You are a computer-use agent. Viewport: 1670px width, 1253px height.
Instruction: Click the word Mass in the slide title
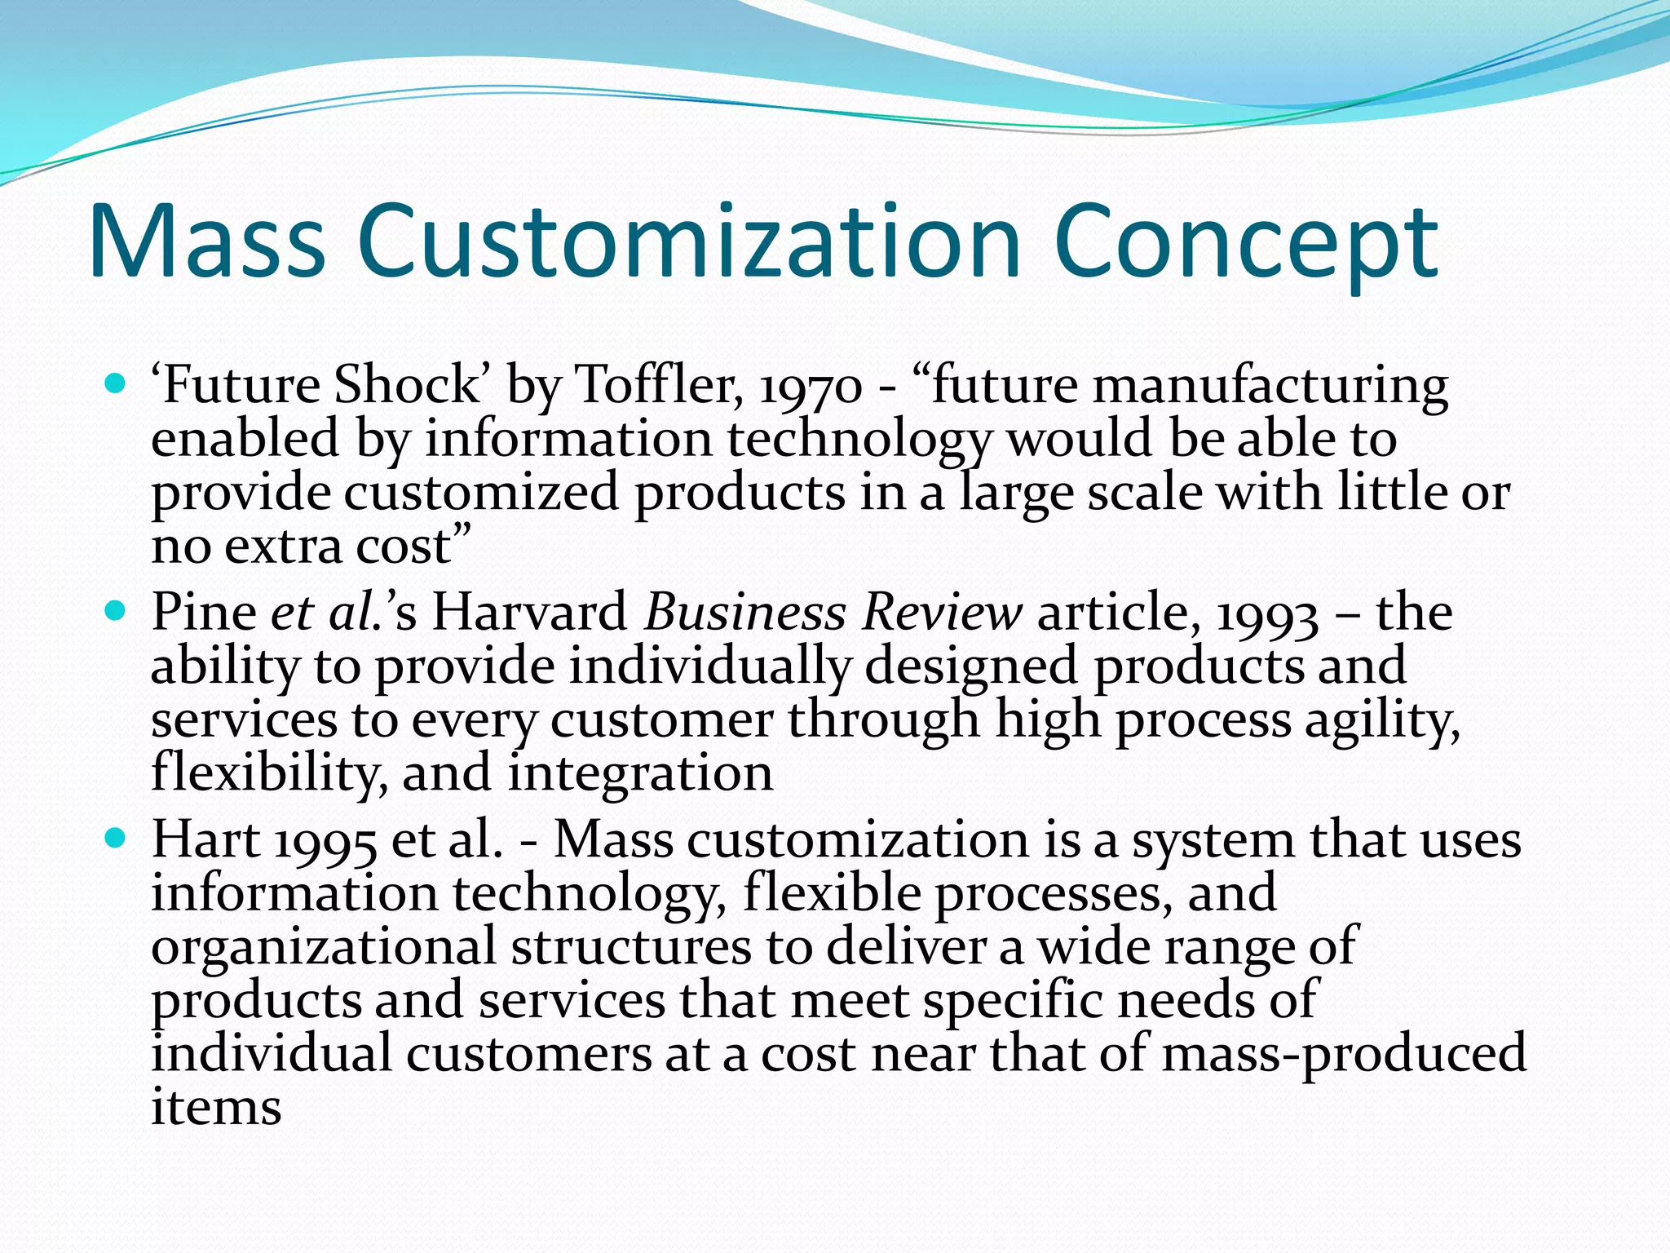click(207, 242)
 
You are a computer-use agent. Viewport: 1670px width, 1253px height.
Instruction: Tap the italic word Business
click(745, 612)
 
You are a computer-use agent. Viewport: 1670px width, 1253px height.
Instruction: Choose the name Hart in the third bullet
click(205, 839)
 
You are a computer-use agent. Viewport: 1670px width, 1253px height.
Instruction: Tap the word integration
click(641, 773)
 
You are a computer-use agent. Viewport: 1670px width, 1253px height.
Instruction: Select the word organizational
click(323, 947)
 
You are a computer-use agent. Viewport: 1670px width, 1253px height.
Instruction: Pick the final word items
click(216, 1108)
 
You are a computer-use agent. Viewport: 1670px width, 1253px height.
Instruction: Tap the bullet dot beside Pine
click(116, 609)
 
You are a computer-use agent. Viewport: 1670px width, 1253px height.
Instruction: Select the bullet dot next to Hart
click(116, 837)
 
